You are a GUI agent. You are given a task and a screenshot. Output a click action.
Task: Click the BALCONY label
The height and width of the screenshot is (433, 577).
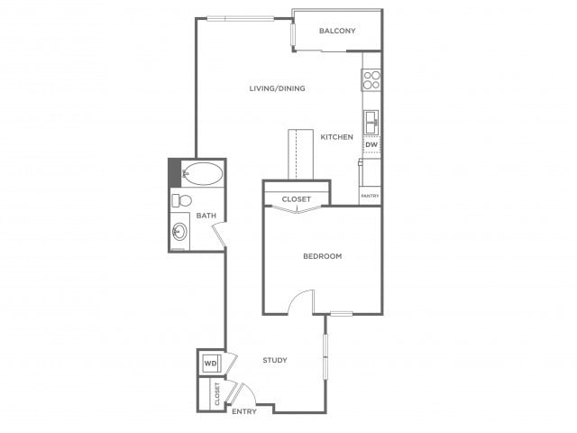click(337, 31)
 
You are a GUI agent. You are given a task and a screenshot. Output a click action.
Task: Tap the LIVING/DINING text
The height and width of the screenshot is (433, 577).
click(277, 88)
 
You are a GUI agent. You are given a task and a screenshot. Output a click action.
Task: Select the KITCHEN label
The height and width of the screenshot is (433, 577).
click(336, 137)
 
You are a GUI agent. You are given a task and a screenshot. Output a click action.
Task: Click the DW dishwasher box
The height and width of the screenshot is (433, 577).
click(371, 144)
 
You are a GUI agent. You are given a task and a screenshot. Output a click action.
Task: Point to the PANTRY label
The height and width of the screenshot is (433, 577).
click(370, 196)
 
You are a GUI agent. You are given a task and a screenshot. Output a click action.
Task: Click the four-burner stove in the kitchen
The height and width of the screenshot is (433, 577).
click(371, 80)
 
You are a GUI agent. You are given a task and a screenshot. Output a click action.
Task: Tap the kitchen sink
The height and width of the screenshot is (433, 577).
click(371, 123)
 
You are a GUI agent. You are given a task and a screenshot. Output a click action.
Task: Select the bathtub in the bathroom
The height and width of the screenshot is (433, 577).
click(203, 173)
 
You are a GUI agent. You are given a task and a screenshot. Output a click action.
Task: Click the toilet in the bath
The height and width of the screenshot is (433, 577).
click(182, 200)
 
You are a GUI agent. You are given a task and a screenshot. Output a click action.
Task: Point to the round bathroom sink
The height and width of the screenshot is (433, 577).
click(179, 232)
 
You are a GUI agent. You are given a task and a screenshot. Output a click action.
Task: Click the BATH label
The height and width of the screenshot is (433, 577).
click(206, 216)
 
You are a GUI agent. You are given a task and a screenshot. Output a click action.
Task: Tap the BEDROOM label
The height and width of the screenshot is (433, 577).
click(323, 256)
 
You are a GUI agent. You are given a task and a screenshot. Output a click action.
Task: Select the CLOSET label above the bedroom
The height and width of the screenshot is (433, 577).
click(297, 199)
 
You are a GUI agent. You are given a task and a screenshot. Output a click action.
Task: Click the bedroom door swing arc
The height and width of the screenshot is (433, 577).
click(297, 297)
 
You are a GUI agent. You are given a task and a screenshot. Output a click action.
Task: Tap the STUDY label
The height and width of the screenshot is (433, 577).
click(275, 360)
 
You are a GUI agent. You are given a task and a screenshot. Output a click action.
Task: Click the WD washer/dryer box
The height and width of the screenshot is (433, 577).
click(211, 364)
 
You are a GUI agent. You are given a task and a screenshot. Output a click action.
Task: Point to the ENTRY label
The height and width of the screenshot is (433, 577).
click(244, 411)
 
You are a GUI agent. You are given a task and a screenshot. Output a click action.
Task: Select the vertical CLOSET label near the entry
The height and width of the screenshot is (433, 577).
click(216, 393)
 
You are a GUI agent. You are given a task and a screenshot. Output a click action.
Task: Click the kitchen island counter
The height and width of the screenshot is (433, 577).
click(300, 154)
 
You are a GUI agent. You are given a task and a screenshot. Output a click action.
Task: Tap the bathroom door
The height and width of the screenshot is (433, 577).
click(219, 235)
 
